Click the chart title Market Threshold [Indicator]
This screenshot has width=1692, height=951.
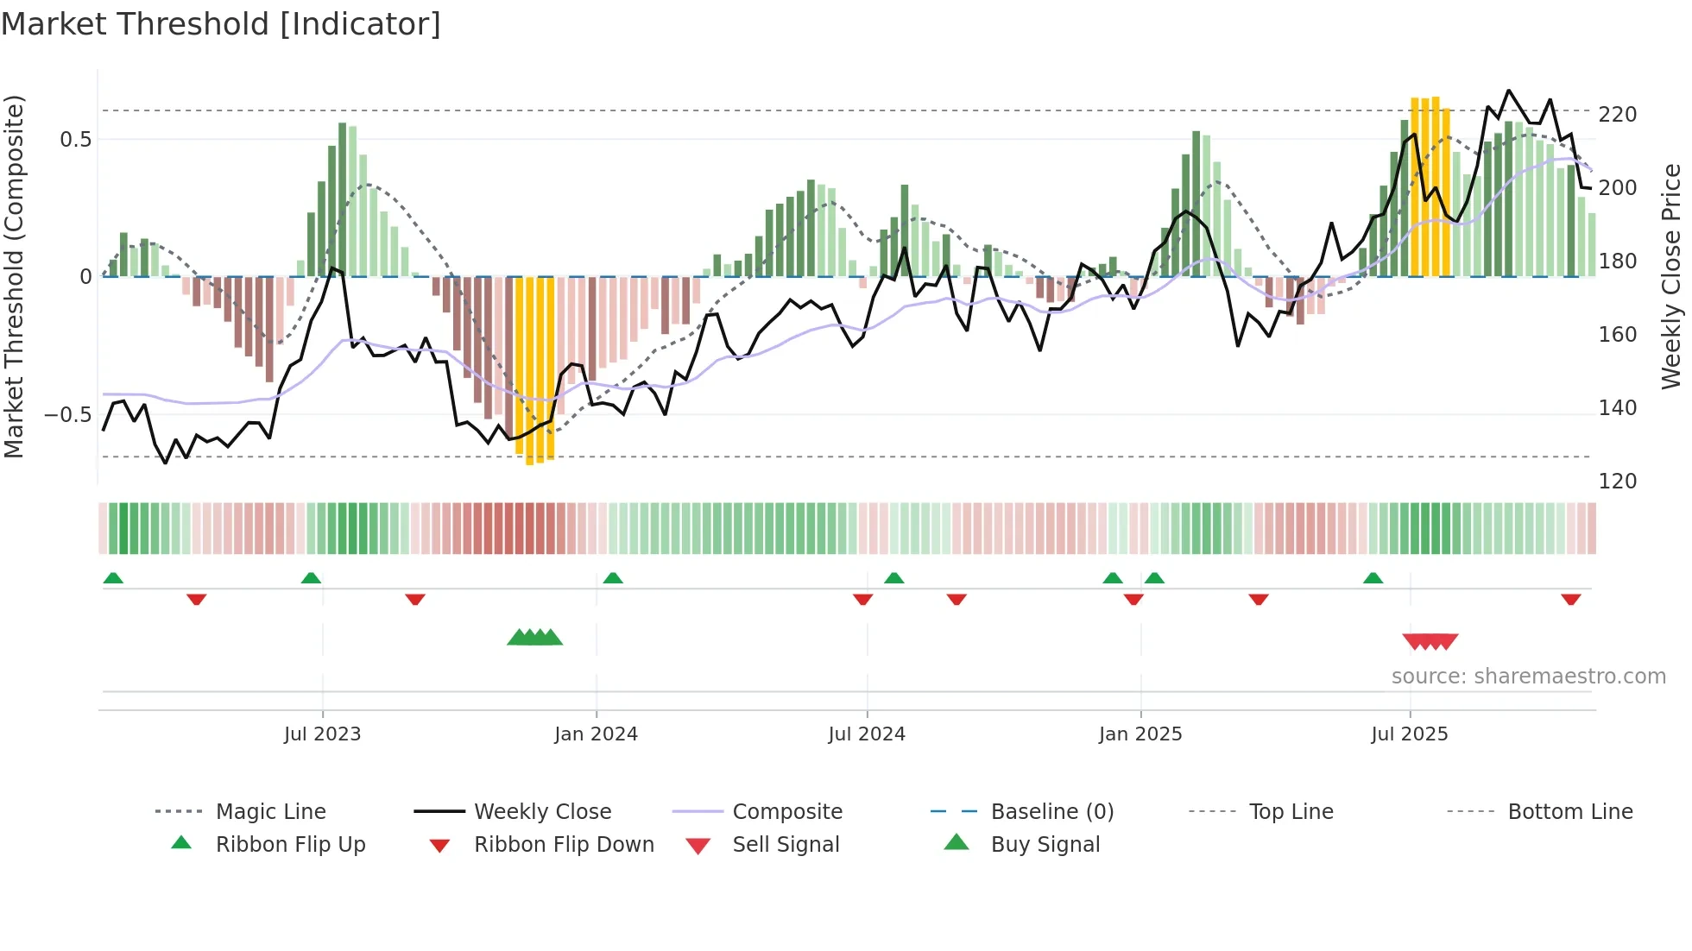point(221,24)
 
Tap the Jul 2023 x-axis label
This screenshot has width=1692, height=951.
point(322,734)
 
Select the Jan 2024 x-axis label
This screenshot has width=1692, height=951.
point(596,734)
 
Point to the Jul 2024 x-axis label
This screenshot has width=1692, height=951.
point(867,734)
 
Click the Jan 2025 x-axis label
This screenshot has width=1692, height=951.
point(1140,734)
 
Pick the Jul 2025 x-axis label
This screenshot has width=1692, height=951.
point(1410,734)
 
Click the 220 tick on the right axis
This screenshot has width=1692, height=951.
point(1618,115)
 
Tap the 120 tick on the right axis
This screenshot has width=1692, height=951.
point(1618,481)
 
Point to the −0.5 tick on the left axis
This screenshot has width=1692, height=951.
point(67,415)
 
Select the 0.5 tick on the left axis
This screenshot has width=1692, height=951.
point(75,140)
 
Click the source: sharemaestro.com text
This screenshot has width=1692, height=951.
point(1528,677)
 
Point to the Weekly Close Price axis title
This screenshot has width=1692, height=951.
point(1671,276)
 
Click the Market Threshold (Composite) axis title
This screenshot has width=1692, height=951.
point(14,276)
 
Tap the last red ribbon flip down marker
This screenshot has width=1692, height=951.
point(1570,599)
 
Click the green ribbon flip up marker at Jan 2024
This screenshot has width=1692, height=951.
point(613,578)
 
